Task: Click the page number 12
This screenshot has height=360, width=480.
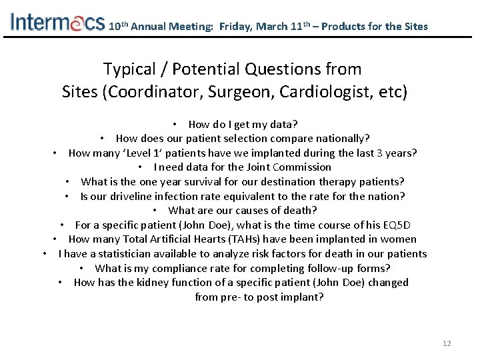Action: [x=447, y=343]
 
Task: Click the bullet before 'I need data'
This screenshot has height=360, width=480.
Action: [x=141, y=167]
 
